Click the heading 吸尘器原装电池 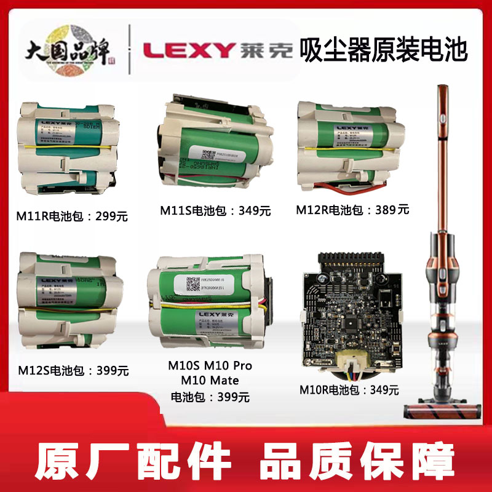coord(383,50)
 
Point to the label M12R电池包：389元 coord(352,210)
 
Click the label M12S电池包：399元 coord(73,370)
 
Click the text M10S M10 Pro coord(210,366)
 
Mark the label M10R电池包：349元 coord(349,390)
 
